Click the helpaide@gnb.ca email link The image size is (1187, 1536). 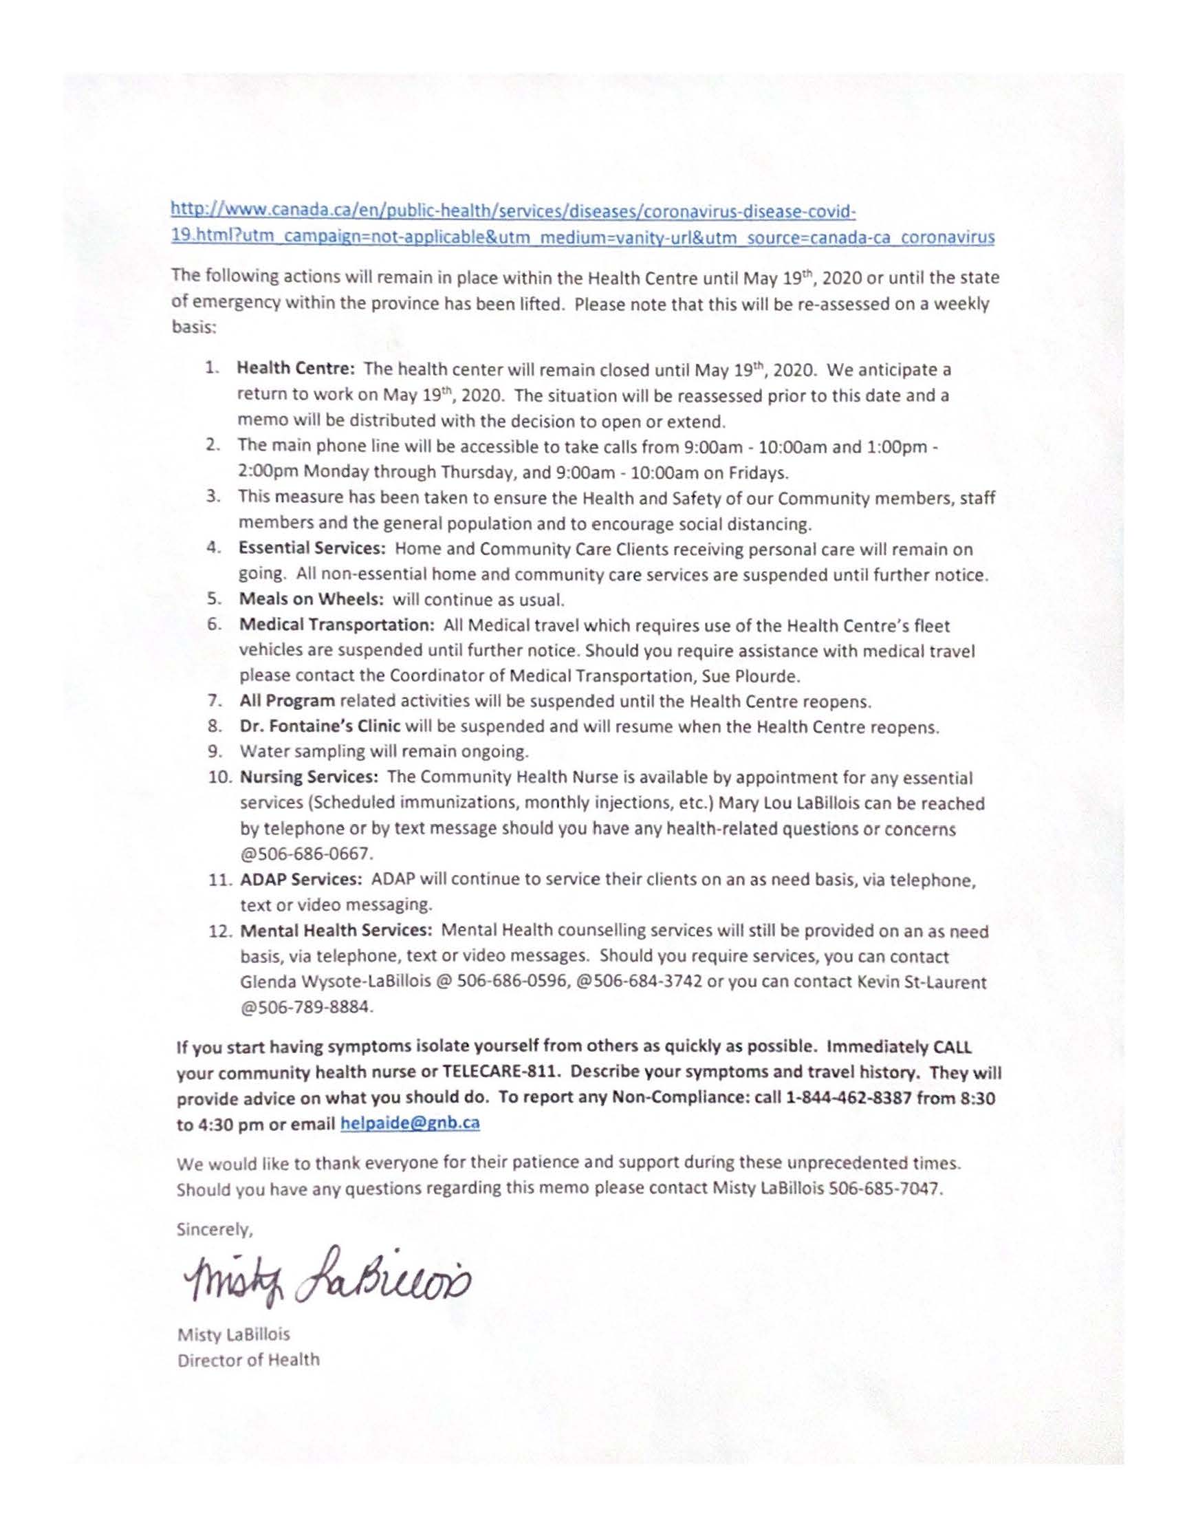click(x=409, y=1123)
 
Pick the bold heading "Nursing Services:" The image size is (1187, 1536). click(x=309, y=778)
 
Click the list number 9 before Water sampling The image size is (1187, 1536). click(x=215, y=752)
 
